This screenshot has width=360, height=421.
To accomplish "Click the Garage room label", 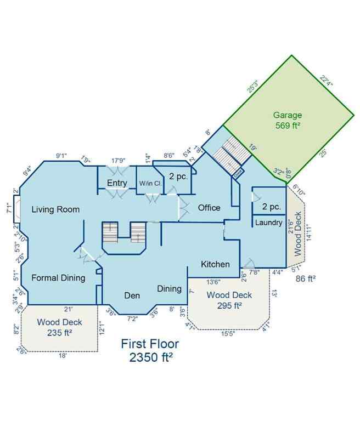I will coord(288,115).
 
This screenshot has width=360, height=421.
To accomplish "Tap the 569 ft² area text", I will coord(288,126).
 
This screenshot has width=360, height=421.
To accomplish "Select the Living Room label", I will coord(55,209).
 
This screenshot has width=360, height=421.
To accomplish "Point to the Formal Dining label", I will coord(58,278).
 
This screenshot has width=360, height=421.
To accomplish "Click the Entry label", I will coord(117,183).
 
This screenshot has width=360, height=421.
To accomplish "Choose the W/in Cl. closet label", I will coord(149,183).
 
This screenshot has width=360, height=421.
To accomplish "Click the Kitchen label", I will coord(215,264).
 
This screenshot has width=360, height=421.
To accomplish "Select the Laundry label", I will coord(269,223).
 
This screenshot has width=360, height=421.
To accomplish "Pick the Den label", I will coord(131,295).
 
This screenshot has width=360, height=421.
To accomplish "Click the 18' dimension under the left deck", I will coord(63,356).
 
